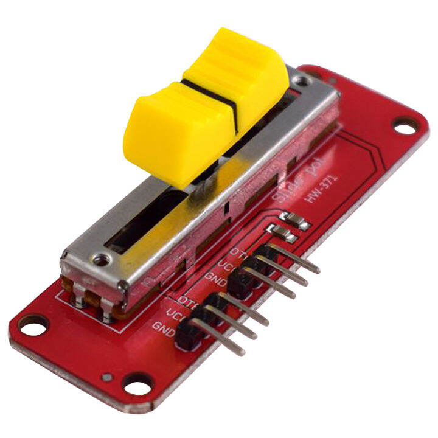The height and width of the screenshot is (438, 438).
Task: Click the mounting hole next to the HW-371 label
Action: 402,126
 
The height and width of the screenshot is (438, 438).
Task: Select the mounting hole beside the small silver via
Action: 137,384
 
